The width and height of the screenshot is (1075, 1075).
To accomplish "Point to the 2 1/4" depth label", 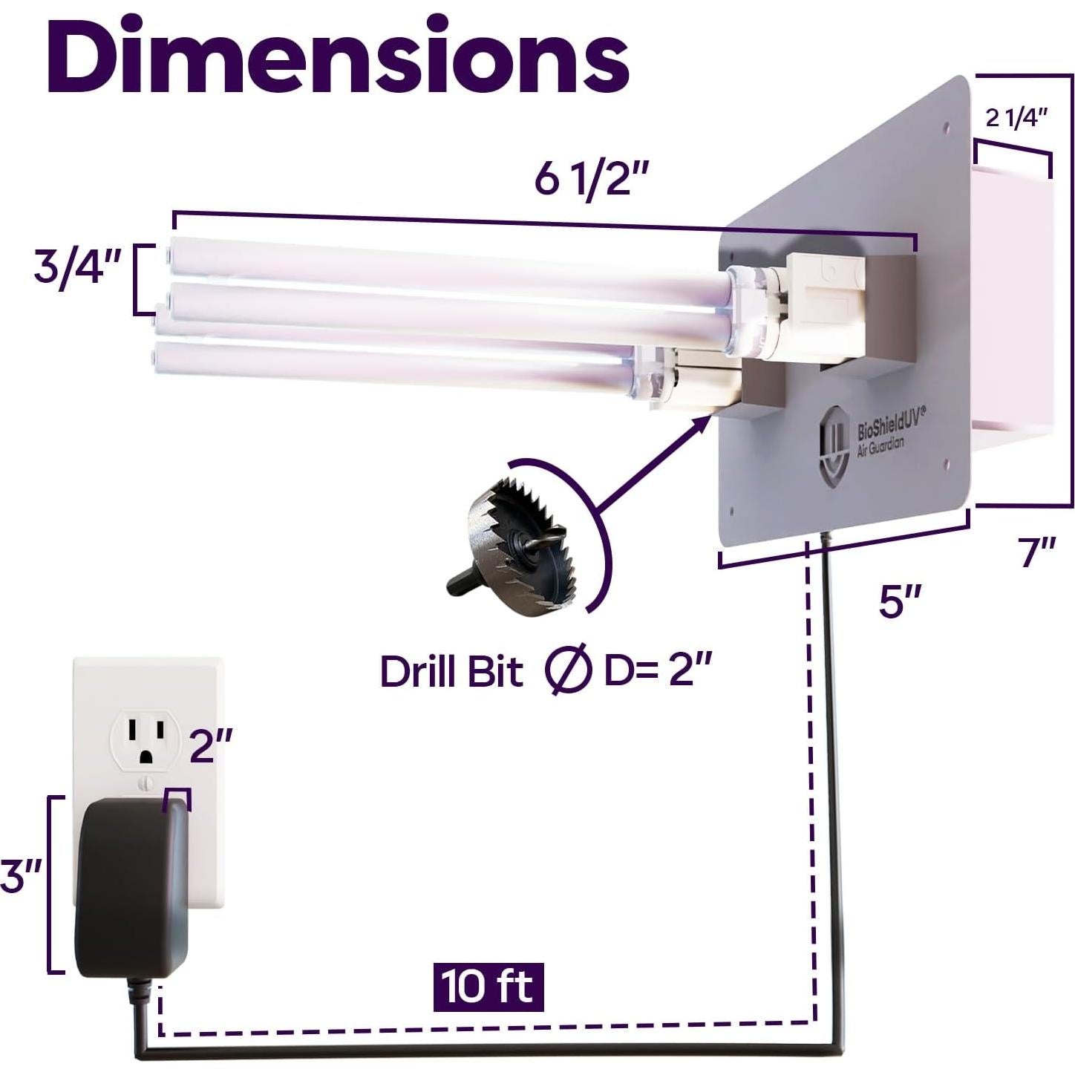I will tap(1016, 117).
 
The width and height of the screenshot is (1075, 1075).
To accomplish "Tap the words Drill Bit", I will tap(451, 672).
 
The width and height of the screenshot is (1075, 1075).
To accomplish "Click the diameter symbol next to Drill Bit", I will tap(568, 671).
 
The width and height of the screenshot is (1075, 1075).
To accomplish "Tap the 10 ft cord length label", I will tap(489, 987).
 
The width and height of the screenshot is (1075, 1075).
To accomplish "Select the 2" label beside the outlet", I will tap(212, 745).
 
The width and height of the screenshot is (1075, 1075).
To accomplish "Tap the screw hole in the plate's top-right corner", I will tap(947, 127).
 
